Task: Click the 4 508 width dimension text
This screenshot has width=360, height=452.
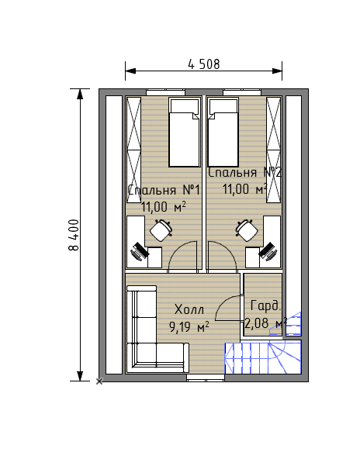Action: tap(203, 64)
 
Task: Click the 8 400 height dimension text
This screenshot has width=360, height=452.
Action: tap(74, 235)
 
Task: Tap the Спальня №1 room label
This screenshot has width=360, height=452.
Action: tap(164, 190)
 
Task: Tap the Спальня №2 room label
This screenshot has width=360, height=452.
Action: tap(244, 172)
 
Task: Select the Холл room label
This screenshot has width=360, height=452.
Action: tap(189, 310)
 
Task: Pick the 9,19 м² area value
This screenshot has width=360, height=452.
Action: tap(189, 327)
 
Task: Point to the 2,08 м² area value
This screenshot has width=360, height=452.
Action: tap(265, 323)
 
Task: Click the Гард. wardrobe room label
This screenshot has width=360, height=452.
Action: tap(265, 305)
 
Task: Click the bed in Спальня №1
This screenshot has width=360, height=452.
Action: tap(185, 133)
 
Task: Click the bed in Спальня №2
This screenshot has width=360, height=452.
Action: tap(223, 133)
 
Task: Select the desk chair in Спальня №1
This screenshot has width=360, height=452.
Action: tap(161, 230)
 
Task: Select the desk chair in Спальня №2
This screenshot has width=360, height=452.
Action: tap(247, 230)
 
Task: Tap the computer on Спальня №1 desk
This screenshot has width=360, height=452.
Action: tap(140, 252)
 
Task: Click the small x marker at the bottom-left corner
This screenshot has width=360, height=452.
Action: tap(99, 381)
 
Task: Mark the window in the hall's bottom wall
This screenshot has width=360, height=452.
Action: tap(206, 378)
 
